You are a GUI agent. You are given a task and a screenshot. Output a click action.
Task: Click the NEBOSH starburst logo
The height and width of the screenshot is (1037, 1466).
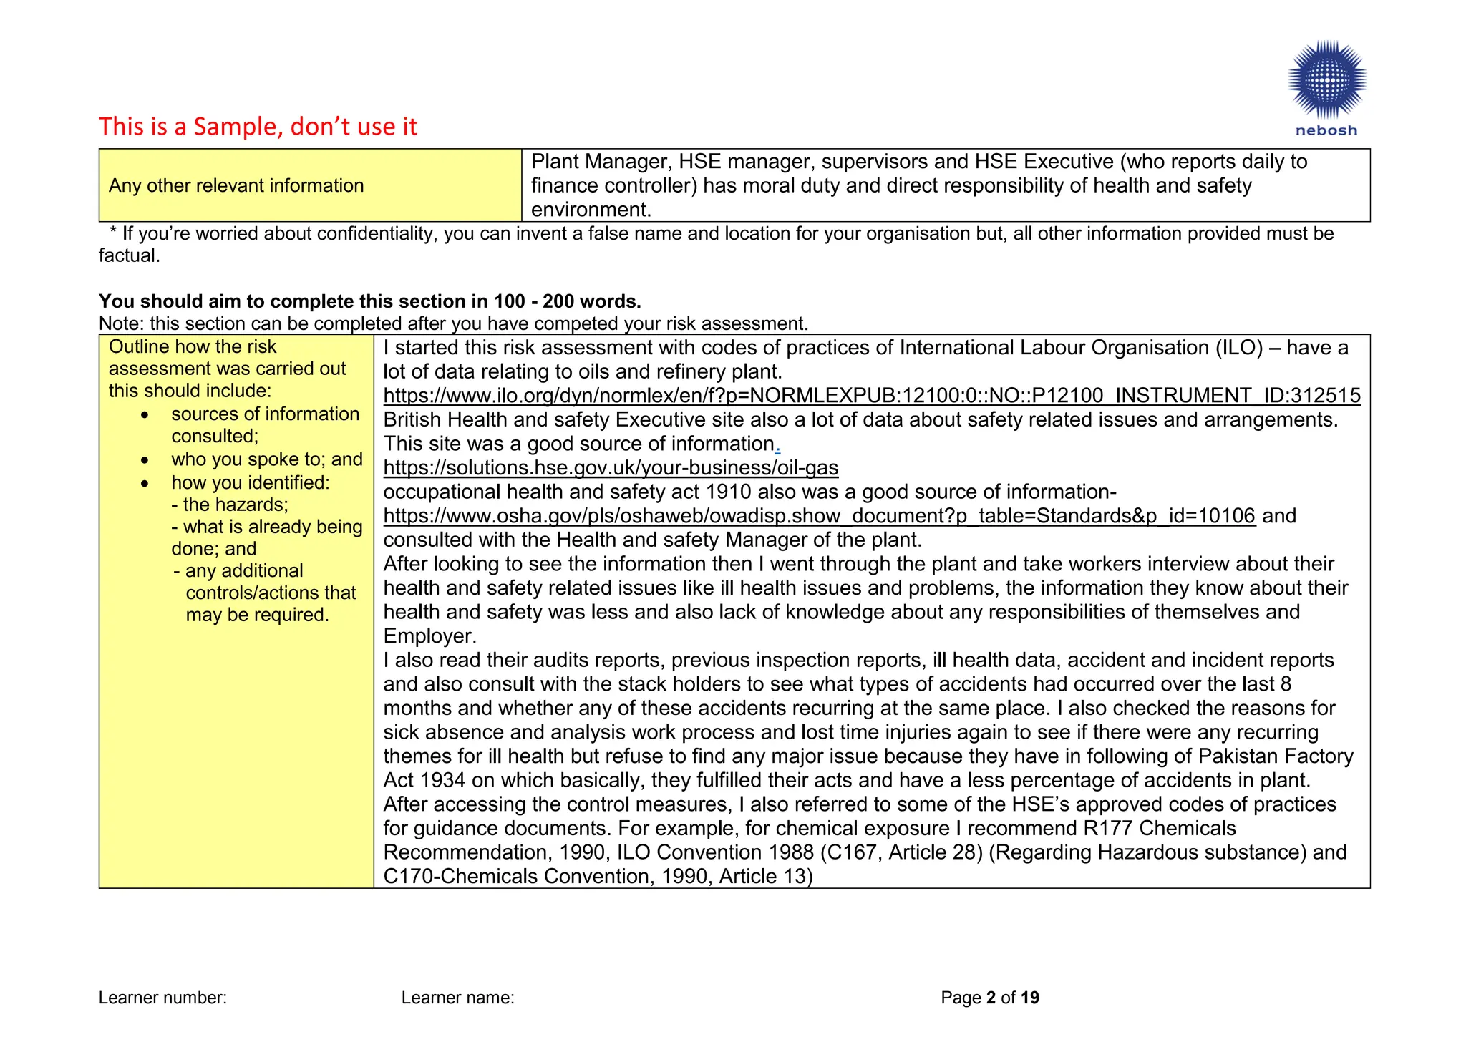(x=1326, y=80)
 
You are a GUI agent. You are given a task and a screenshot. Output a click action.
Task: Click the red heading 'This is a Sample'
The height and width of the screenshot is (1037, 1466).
(x=258, y=127)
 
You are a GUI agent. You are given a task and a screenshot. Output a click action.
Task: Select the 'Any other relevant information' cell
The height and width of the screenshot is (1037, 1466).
(x=236, y=185)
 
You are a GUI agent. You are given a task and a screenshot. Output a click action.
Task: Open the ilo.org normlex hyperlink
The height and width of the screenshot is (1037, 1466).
(x=871, y=396)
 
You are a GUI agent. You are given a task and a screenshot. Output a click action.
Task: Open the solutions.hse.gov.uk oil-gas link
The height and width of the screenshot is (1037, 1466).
(x=611, y=468)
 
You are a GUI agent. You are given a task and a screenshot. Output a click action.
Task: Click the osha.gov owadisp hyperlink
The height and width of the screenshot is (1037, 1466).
(x=819, y=516)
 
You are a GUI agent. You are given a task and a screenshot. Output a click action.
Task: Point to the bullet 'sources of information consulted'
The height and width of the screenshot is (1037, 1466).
(x=265, y=424)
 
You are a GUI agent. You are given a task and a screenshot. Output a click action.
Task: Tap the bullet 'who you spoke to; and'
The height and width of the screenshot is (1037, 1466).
(x=266, y=459)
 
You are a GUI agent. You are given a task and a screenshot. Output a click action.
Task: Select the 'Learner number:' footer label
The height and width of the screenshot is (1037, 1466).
(x=162, y=998)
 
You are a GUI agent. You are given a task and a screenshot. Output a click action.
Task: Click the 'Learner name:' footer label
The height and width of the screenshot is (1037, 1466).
(x=457, y=998)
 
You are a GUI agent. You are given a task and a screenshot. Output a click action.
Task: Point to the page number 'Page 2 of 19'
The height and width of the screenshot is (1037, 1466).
(x=989, y=998)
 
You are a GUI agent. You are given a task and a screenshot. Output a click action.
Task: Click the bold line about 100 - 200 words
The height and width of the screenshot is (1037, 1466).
(x=369, y=301)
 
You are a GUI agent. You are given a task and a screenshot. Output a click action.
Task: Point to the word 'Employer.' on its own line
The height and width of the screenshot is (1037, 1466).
(x=429, y=636)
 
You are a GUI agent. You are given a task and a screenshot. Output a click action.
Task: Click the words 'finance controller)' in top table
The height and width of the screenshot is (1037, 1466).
(x=613, y=186)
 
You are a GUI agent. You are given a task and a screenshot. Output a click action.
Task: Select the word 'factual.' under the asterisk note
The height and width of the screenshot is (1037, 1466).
(x=129, y=255)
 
